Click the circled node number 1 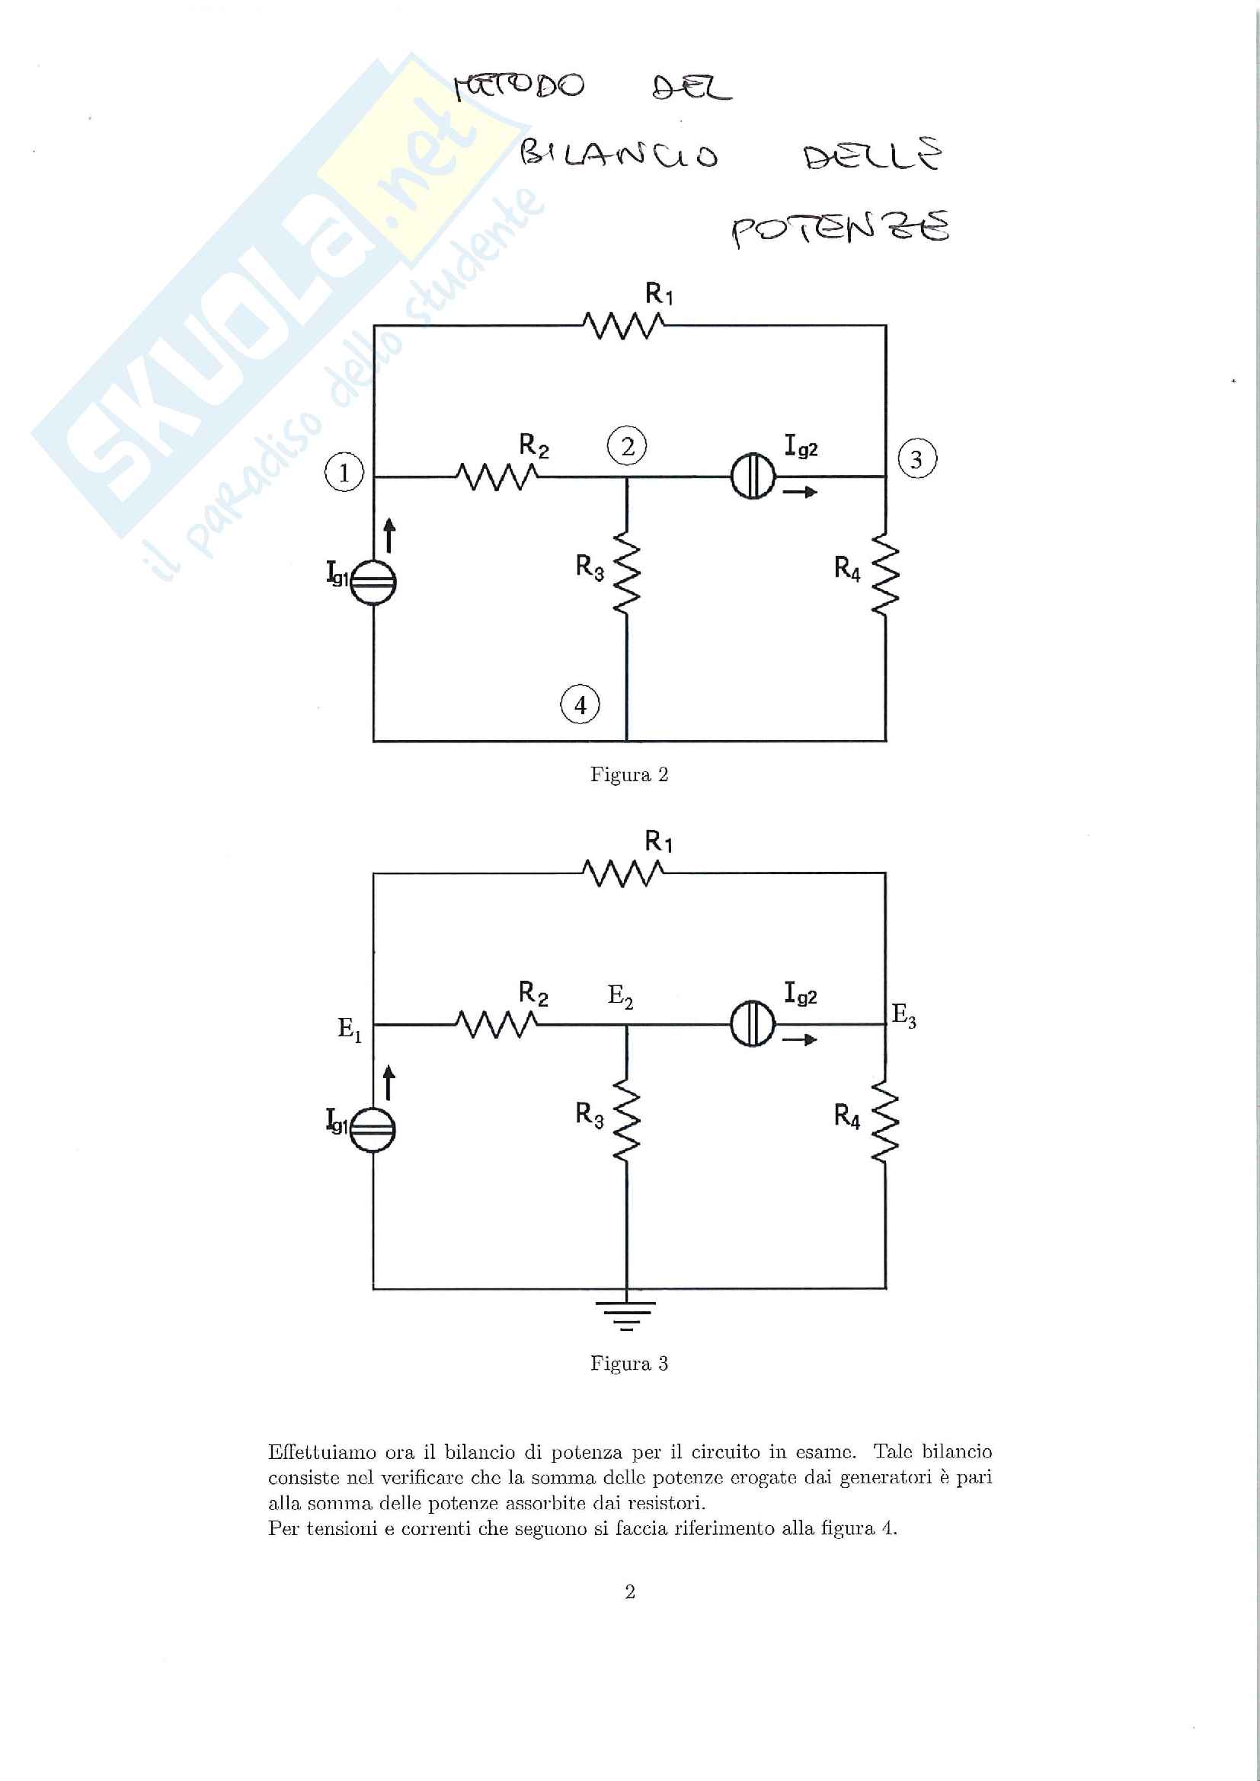[344, 471]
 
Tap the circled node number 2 [628, 446]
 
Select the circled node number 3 [917, 459]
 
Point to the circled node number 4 [580, 704]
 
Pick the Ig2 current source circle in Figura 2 [753, 476]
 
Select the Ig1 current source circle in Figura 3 [373, 1128]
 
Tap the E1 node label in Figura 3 [349, 1030]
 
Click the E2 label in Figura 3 [620, 996]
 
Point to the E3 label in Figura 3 [904, 1016]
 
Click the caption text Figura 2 [629, 775]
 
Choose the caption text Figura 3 [629, 1364]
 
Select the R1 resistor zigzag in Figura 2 [623, 326]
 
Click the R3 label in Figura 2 [590, 568]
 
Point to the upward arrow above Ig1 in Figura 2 [389, 536]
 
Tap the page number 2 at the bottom [630, 1592]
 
